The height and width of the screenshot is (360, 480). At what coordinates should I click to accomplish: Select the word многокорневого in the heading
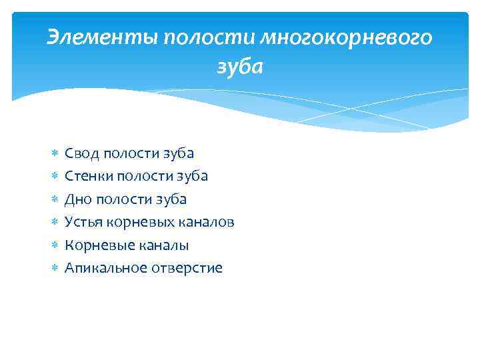coord(346,39)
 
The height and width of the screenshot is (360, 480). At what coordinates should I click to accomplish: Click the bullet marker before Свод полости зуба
coord(54,154)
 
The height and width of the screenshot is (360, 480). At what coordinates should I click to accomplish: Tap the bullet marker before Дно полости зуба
coord(54,199)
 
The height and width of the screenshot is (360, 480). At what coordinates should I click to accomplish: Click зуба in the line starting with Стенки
coord(193,176)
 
